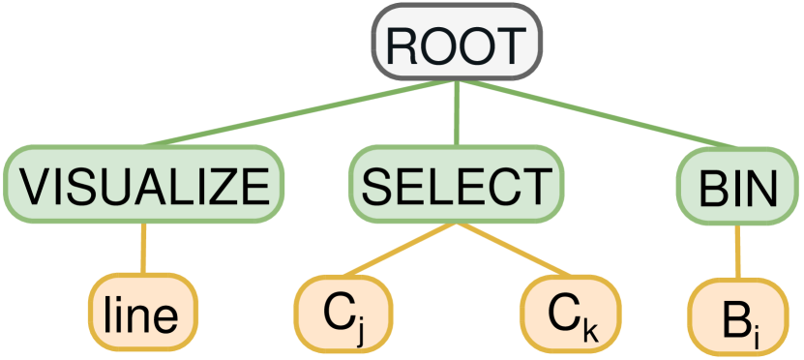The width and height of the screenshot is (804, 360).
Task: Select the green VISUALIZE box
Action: tap(144, 184)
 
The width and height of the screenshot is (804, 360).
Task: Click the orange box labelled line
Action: tap(144, 315)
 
